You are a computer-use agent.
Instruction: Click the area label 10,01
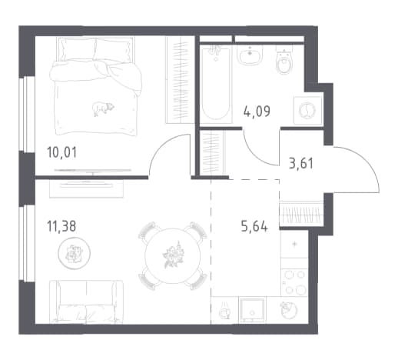[x=62, y=152]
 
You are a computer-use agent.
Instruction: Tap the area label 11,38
[x=61, y=226]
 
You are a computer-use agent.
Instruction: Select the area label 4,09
[x=257, y=112]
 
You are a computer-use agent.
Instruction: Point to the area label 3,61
[x=301, y=163]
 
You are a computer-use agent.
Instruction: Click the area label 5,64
[x=254, y=226]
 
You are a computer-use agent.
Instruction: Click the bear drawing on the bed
[x=103, y=108]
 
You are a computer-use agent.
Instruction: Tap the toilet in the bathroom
[x=284, y=59]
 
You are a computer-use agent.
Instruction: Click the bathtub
[x=216, y=84]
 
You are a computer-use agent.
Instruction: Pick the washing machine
[x=307, y=111]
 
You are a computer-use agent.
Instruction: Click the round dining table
[x=173, y=255]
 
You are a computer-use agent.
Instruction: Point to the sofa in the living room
[x=86, y=301]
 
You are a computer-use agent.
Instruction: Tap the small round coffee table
[x=74, y=253]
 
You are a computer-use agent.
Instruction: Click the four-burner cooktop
[x=294, y=282]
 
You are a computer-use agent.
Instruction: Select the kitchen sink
[x=252, y=310]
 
